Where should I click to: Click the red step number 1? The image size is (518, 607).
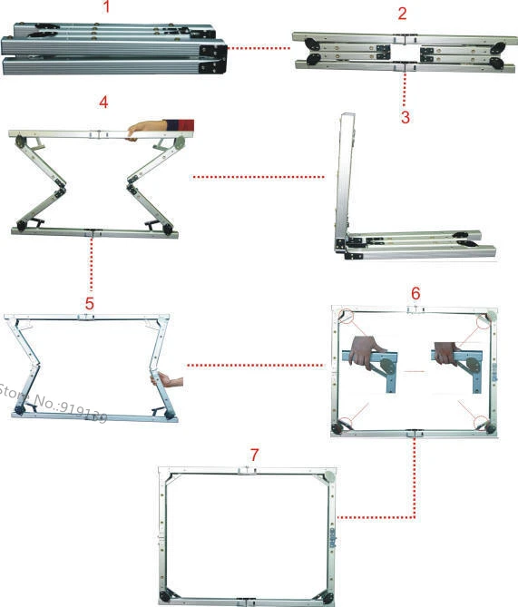107,8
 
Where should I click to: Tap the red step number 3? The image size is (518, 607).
405,116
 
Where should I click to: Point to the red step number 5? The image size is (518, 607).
89,302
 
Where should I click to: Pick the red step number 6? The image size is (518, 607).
415,294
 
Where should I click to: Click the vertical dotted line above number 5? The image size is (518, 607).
91,268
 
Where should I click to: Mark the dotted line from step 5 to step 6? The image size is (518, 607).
254,366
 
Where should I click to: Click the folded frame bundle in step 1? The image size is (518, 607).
113,51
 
